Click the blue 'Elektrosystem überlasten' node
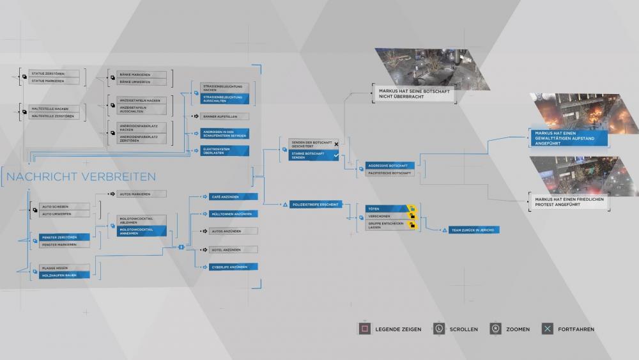click(x=225, y=151)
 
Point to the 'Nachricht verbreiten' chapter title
click(x=81, y=176)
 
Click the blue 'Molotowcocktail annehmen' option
click(x=141, y=231)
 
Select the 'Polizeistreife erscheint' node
click(x=315, y=204)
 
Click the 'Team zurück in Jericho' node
click(x=473, y=230)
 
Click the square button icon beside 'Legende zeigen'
click(x=364, y=329)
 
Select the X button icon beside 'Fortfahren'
click(x=548, y=329)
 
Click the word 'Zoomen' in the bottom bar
click(x=518, y=329)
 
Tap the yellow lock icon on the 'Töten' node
click(x=412, y=208)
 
